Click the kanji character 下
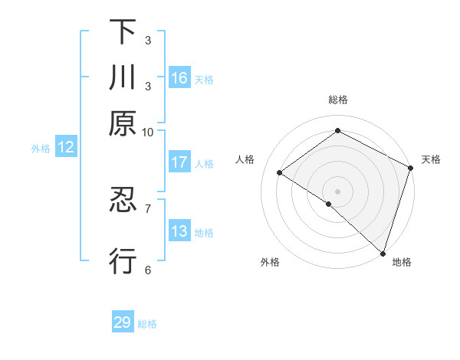[x=123, y=32]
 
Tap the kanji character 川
[x=123, y=78]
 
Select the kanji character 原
[x=123, y=123]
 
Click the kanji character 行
[x=123, y=261]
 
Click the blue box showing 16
[x=179, y=78]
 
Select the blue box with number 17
[x=179, y=162]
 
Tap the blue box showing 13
[x=179, y=231]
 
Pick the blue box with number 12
[x=66, y=148]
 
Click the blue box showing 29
[x=123, y=322]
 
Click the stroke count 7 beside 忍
[x=147, y=208]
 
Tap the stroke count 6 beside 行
[x=147, y=270]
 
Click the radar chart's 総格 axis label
[x=338, y=100]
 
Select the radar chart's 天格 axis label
[x=431, y=159]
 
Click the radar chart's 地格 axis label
[x=402, y=262]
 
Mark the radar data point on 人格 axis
[x=280, y=172]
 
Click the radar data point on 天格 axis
[x=410, y=168]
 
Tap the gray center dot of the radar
[x=338, y=191]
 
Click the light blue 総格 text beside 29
[x=147, y=324]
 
